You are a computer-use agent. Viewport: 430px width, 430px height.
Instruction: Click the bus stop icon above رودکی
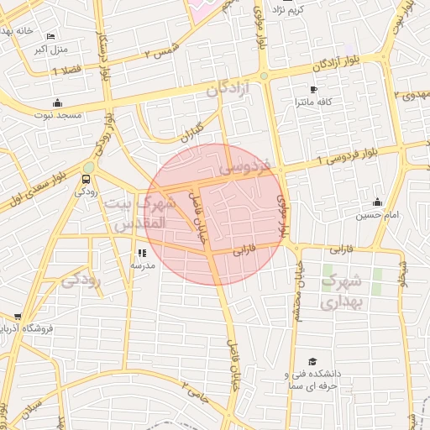(87, 179)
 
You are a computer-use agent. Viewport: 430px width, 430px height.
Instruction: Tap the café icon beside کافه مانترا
(313, 89)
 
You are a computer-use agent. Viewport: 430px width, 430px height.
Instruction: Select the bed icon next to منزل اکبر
(51, 37)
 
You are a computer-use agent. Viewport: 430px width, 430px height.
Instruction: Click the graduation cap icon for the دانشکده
(312, 360)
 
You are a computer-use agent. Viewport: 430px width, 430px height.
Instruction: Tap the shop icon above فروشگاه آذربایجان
(18, 316)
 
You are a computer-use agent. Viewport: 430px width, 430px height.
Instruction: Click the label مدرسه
(141, 265)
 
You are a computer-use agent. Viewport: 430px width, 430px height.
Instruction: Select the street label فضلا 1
(66, 72)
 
